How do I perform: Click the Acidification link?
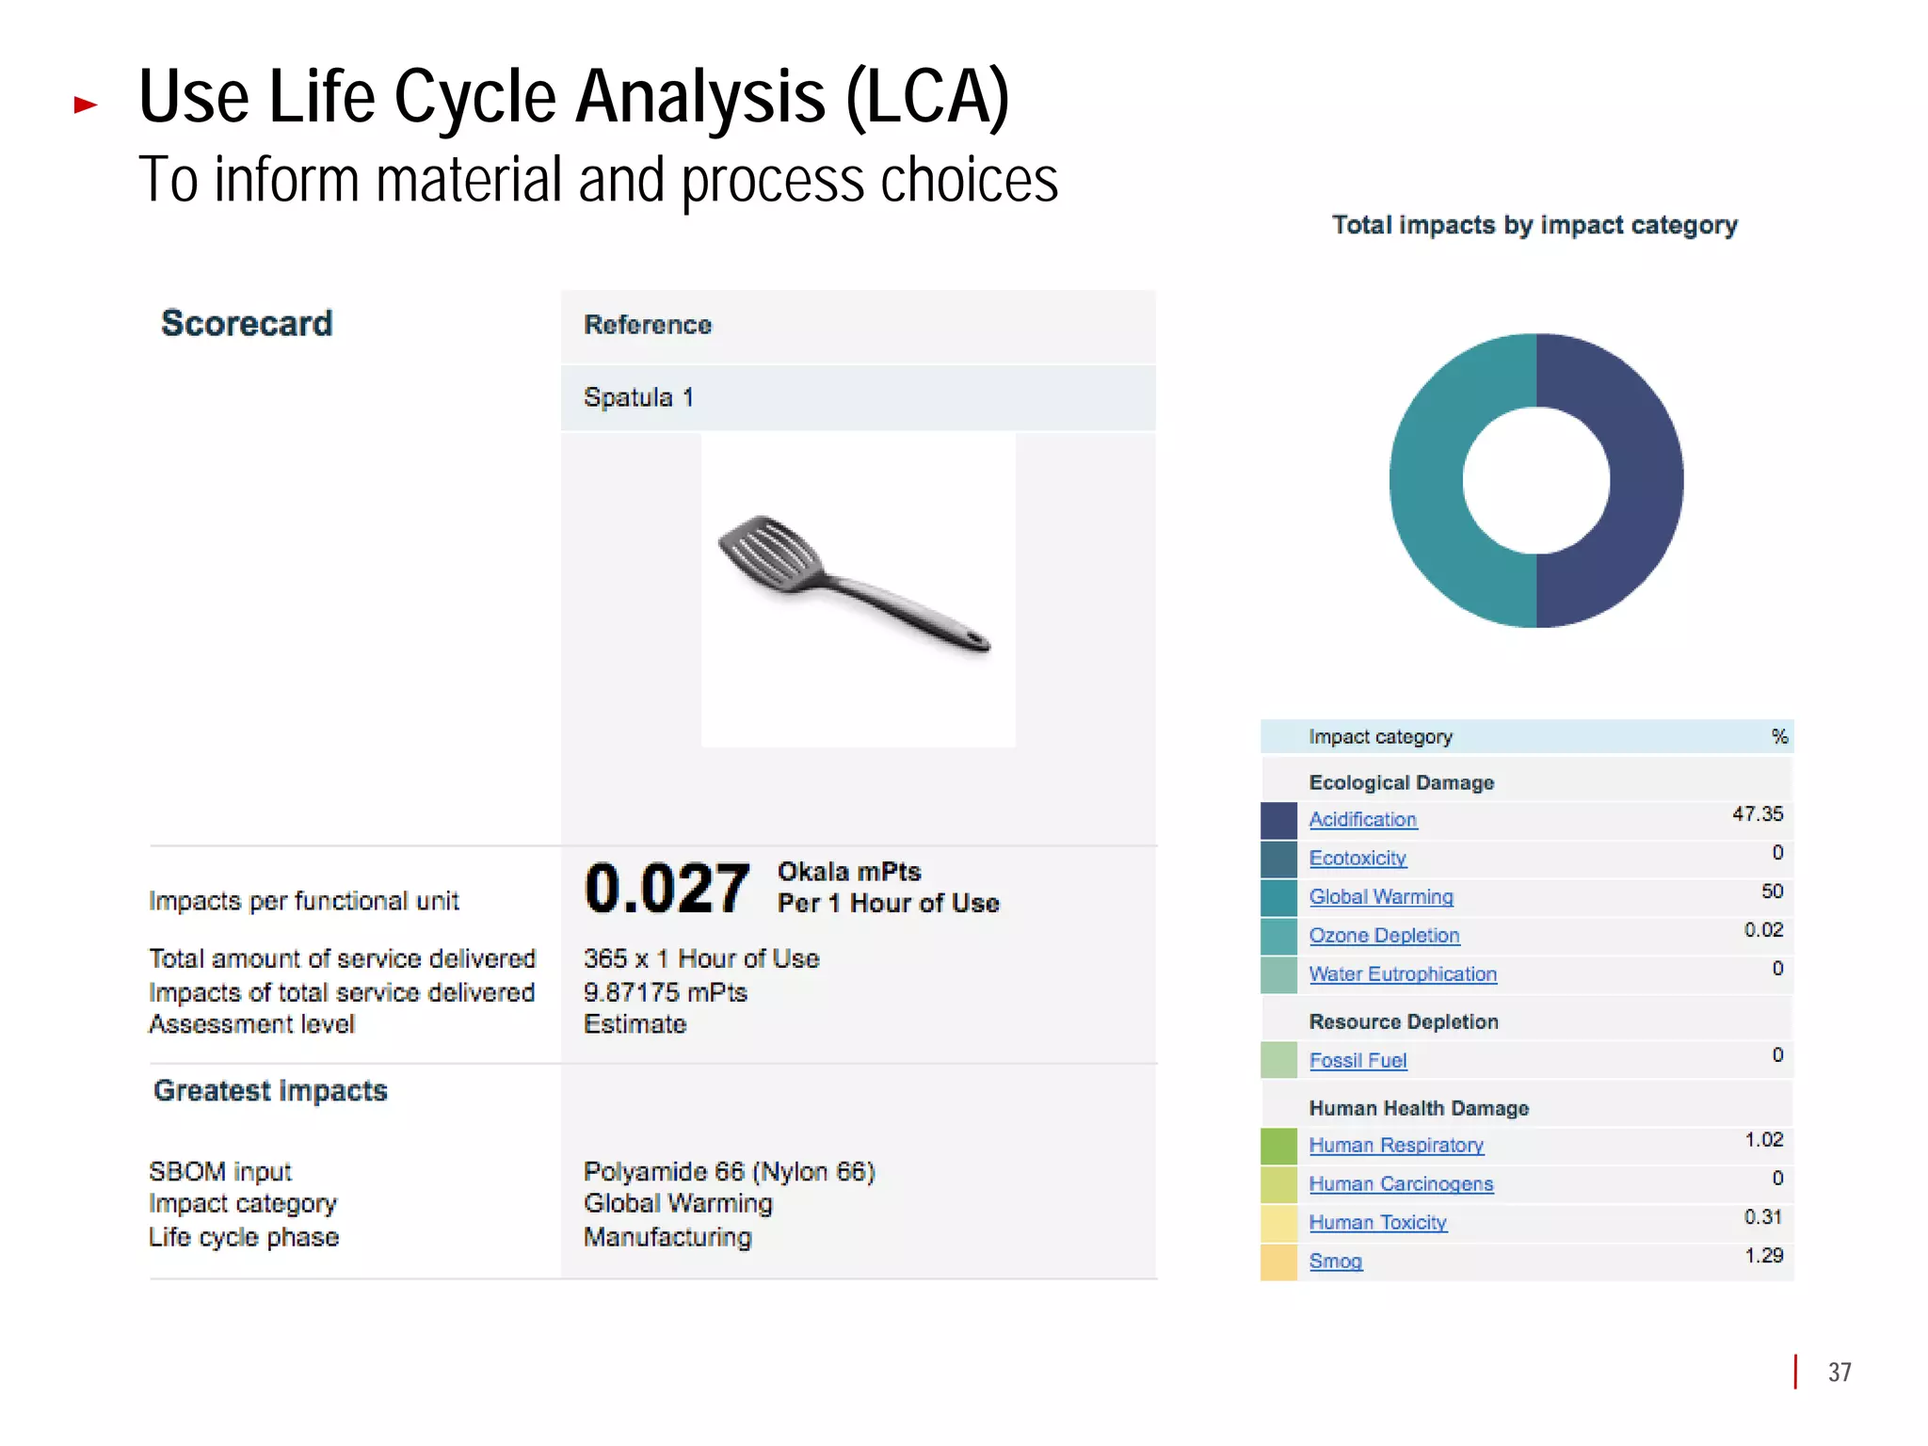1362,820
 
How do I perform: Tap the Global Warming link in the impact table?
1380,897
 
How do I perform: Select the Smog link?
1335,1261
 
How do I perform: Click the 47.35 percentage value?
1757,814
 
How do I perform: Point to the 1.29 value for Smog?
1763,1256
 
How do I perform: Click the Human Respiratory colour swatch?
1278,1146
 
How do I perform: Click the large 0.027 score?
667,889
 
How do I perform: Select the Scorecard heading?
247,324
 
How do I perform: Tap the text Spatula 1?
638,397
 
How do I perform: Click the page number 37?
1840,1373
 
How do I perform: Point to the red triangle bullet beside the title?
86,104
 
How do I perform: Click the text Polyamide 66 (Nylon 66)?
729,1172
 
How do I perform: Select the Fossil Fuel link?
1358,1061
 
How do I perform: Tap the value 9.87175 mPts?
665,992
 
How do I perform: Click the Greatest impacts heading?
270,1091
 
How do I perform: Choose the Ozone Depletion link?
1384,936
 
